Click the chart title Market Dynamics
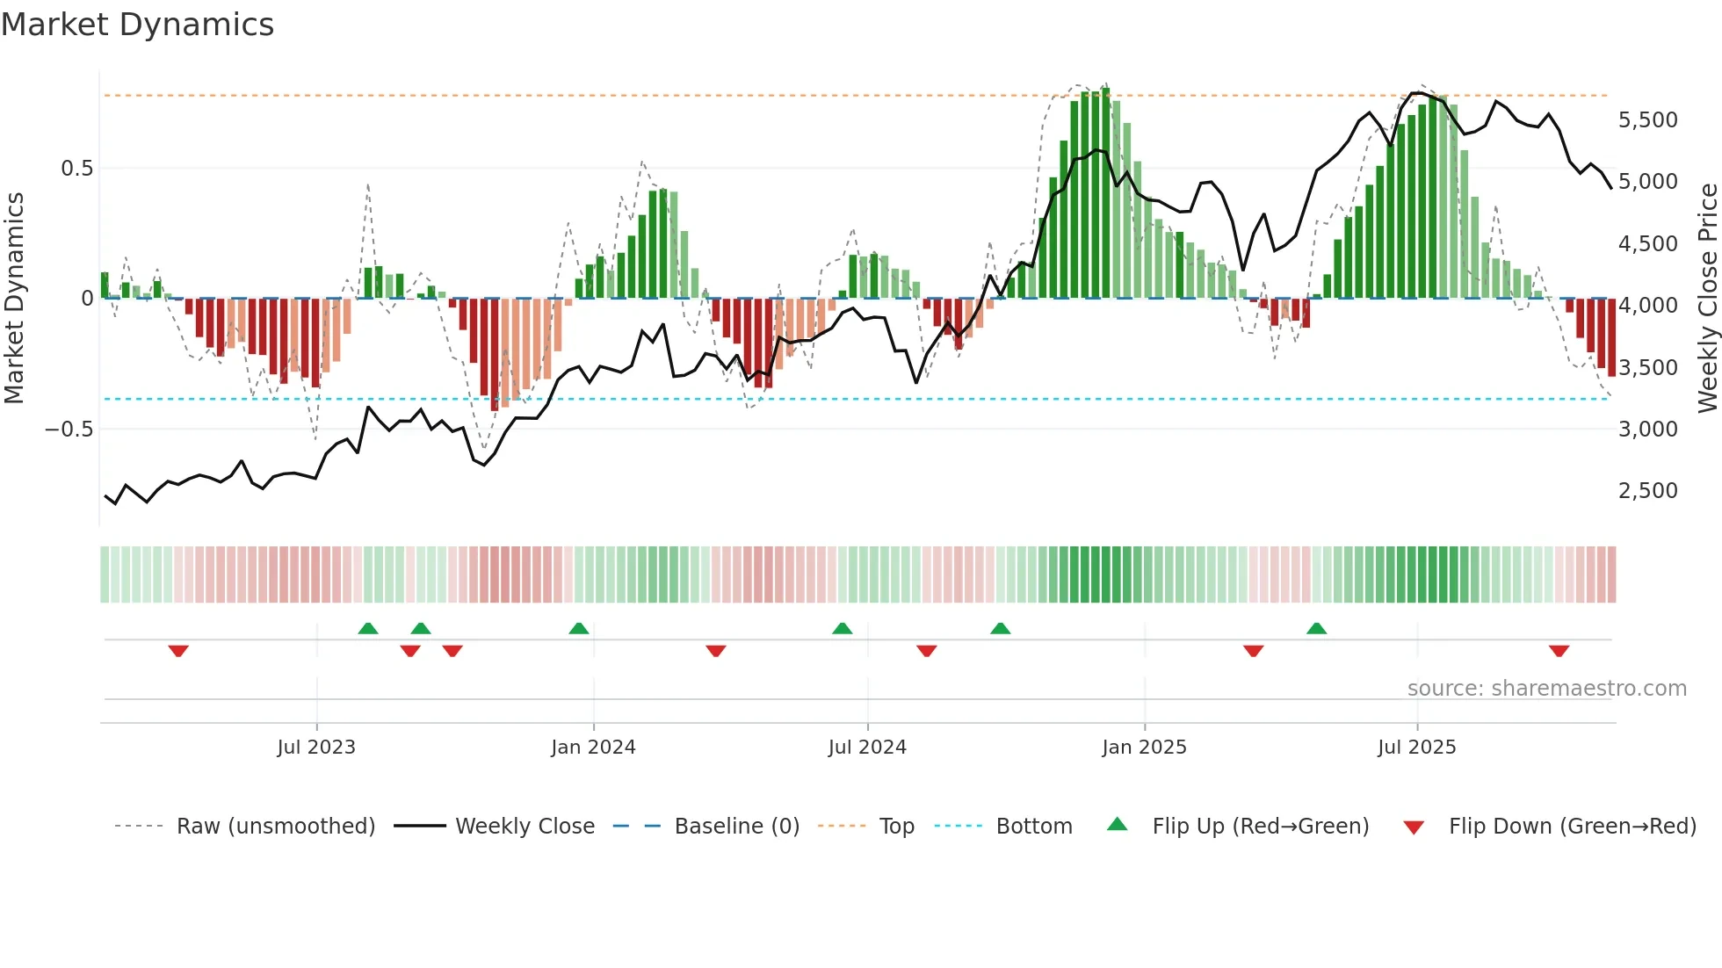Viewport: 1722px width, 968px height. [x=137, y=25]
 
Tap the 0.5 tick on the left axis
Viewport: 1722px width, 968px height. [x=76, y=169]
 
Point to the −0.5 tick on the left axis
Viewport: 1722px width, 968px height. [x=69, y=430]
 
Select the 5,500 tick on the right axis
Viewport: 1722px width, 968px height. [x=1647, y=120]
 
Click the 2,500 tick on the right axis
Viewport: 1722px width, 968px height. [x=1647, y=491]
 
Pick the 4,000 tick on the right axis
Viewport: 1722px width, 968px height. [x=1647, y=306]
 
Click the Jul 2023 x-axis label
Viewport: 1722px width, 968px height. [x=316, y=748]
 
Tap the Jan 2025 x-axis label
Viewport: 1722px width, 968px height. [x=1144, y=748]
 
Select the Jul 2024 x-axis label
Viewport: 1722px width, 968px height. [x=867, y=748]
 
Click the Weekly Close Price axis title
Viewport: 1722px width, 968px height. [x=1707, y=299]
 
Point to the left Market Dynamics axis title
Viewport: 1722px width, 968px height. [x=15, y=299]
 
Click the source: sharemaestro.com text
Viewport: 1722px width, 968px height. [x=1546, y=689]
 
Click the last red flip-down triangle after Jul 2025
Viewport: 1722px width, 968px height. [x=1559, y=651]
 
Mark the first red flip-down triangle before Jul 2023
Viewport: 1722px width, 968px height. [x=178, y=651]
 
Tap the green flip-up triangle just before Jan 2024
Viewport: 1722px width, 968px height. [x=578, y=629]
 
